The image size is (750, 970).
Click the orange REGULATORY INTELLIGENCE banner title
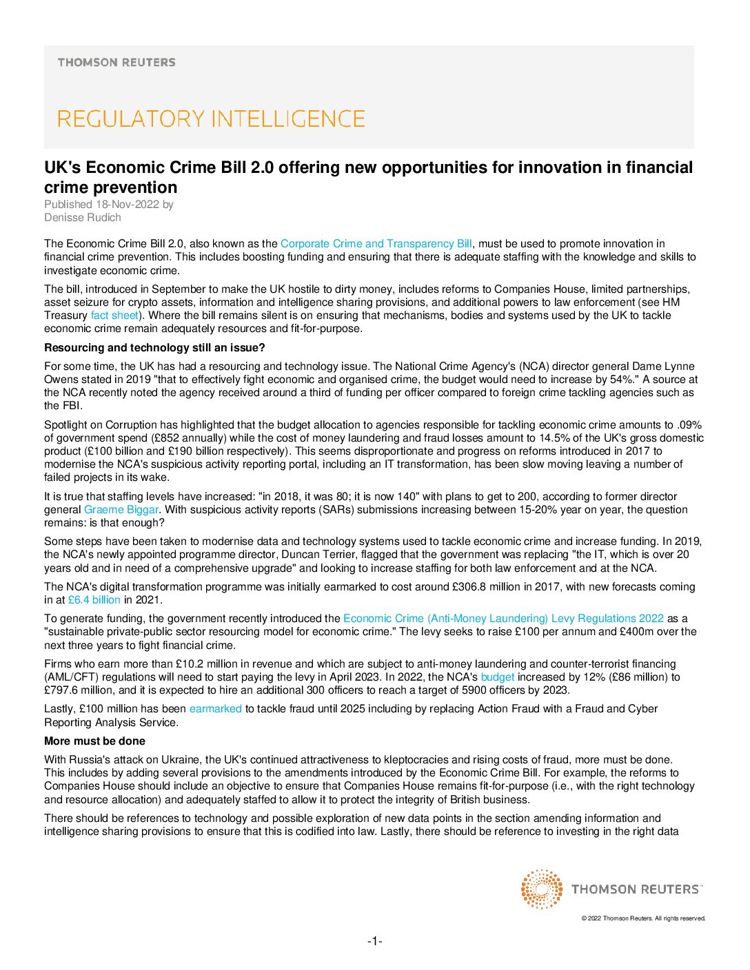coord(211,119)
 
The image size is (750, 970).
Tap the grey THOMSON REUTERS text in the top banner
coord(116,63)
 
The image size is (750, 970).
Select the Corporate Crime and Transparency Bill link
coord(376,244)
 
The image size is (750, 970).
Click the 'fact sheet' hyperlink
coord(114,316)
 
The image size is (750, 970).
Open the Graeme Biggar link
coord(121,510)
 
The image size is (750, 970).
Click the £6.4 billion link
coord(94,600)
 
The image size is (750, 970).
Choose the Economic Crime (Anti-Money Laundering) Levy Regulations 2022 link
coord(503,619)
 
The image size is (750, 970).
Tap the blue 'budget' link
coord(497,677)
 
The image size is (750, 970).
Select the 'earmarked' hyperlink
coord(215,709)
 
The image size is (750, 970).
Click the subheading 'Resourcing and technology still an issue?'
coord(154,348)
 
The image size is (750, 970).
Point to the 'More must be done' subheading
coord(94,741)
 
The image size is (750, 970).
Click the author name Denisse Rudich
coord(83,218)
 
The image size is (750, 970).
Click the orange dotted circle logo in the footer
coord(542,889)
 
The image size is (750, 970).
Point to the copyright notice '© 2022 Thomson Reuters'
coord(643,918)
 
